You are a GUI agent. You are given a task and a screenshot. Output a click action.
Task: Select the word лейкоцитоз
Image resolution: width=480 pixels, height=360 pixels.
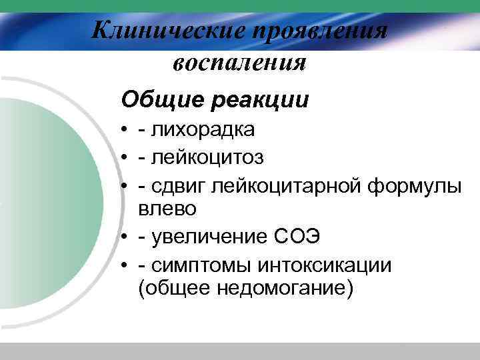pos(207,157)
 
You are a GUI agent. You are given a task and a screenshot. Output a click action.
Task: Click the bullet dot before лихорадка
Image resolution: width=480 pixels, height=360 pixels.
pos(125,130)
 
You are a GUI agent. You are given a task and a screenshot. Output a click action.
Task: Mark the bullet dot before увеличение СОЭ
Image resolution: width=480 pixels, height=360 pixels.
pos(125,238)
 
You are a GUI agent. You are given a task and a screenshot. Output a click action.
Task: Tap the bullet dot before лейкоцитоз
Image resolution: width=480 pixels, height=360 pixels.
pos(125,158)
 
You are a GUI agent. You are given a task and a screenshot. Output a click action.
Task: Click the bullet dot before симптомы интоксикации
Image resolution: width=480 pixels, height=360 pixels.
pos(125,266)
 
